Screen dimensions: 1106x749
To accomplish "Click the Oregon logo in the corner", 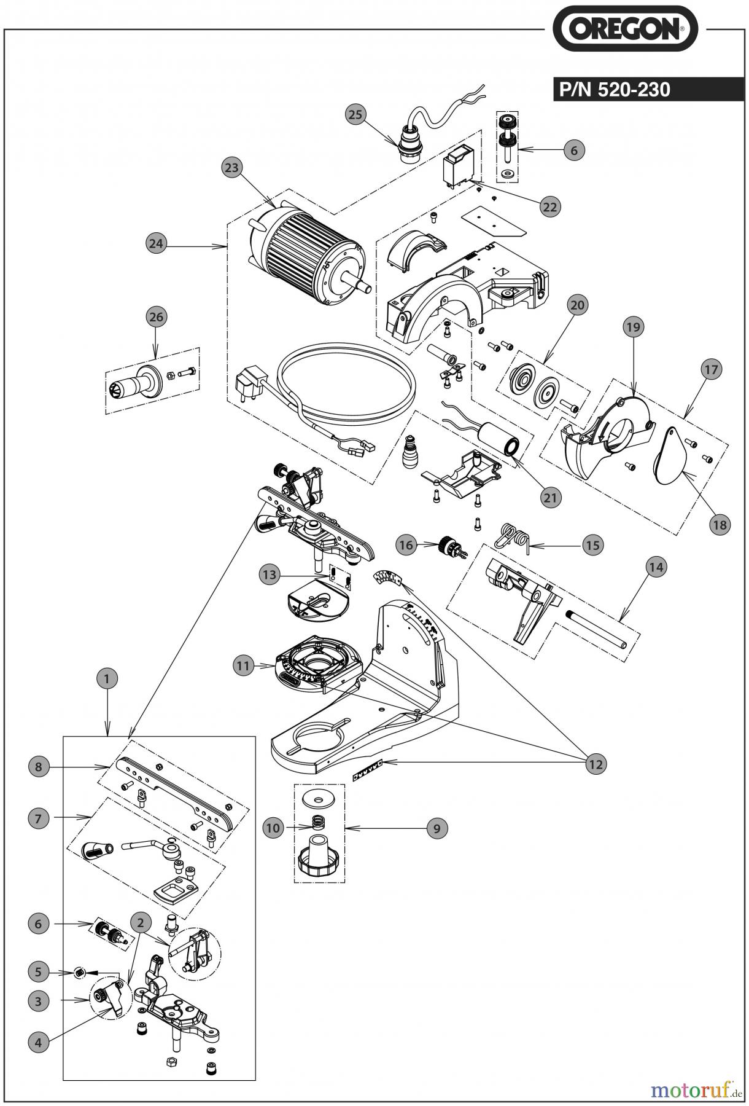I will (626, 29).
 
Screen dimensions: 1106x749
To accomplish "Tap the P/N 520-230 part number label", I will (614, 90).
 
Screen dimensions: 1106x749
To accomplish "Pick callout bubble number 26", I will (156, 317).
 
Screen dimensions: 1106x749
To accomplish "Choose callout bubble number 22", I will (549, 206).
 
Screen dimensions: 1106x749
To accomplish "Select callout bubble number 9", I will (437, 828).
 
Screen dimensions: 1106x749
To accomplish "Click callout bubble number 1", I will (107, 679).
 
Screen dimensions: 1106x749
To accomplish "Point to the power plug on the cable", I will (248, 387).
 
